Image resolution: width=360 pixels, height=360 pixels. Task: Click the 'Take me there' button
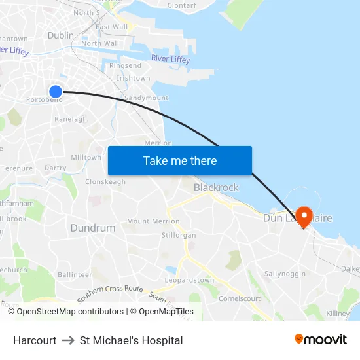pyautogui.click(x=180, y=160)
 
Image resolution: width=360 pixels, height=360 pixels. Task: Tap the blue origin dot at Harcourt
pyautogui.click(x=56, y=92)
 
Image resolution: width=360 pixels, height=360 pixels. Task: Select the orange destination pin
pyautogui.click(x=304, y=217)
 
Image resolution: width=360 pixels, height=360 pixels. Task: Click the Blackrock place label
pyautogui.click(x=216, y=188)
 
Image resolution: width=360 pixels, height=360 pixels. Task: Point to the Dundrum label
pyautogui.click(x=92, y=228)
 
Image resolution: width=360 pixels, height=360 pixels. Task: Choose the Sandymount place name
pyautogui.click(x=146, y=98)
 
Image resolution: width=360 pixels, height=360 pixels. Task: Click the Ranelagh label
pyautogui.click(x=71, y=119)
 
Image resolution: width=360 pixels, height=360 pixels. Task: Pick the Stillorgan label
pyautogui.click(x=179, y=234)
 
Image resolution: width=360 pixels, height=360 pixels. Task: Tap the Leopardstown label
pyautogui.click(x=190, y=280)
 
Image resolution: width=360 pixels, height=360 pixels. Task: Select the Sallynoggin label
pyautogui.click(x=285, y=273)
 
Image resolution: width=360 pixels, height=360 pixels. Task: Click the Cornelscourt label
pyautogui.click(x=240, y=299)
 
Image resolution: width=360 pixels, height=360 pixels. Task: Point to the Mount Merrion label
pyautogui.click(x=153, y=221)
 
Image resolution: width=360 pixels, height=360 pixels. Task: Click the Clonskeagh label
pyautogui.click(x=105, y=182)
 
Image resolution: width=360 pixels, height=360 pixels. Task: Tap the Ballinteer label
pyautogui.click(x=75, y=275)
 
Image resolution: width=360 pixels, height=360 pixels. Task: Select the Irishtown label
pyautogui.click(x=133, y=78)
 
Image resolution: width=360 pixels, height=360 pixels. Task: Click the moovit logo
pyautogui.click(x=321, y=340)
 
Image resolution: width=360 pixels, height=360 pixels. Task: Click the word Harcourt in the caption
pyautogui.click(x=35, y=340)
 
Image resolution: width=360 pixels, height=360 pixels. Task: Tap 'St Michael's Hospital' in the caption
pyautogui.click(x=131, y=340)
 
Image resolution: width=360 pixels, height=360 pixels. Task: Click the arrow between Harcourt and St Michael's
pyautogui.click(x=68, y=340)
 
